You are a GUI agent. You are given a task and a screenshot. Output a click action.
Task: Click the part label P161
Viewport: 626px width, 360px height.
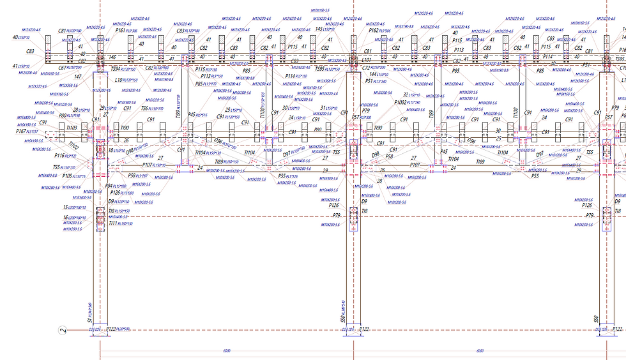coord(120,30)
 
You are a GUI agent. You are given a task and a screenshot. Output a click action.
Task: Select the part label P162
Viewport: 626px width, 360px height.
coord(374,30)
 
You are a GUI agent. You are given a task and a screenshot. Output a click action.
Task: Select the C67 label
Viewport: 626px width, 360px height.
coord(63,68)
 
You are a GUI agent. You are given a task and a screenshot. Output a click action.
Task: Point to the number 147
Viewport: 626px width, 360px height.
coord(77,77)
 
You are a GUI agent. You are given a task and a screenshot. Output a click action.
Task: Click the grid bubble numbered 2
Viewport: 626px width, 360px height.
coord(62,330)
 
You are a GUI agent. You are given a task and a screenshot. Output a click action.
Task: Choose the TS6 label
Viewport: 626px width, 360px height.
coord(144,109)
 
